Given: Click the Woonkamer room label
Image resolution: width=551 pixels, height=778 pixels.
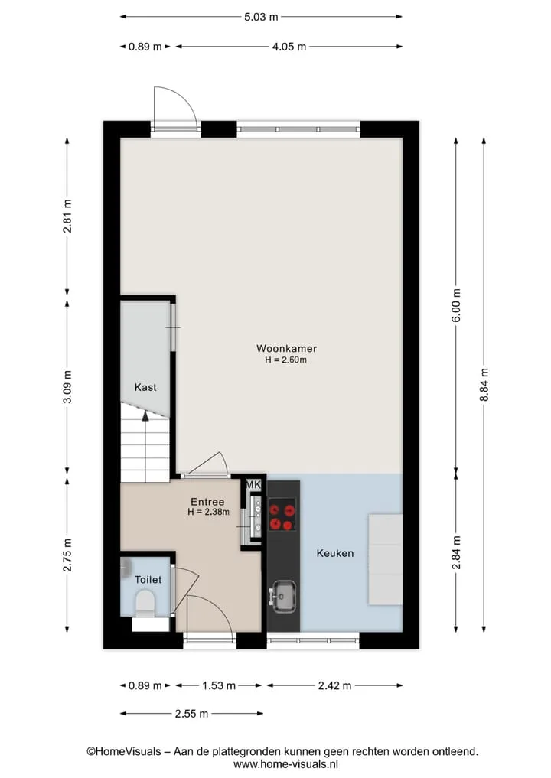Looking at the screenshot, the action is click(x=286, y=348).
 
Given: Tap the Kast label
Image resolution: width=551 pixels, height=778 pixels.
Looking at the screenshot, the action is click(x=145, y=387).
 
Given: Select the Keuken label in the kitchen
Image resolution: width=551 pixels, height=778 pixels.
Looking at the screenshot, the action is click(x=335, y=553).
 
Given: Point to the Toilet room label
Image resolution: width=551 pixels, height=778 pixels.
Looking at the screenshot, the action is click(x=148, y=579).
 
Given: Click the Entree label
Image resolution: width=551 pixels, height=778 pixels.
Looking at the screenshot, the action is click(x=207, y=502).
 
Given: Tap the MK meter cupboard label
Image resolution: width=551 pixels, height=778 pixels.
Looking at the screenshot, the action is click(x=253, y=485).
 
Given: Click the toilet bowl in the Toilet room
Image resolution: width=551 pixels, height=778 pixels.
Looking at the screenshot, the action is click(x=145, y=602).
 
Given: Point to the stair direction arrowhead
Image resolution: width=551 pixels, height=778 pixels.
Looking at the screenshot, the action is click(x=145, y=416).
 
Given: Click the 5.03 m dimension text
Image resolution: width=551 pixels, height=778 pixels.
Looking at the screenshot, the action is click(x=261, y=17).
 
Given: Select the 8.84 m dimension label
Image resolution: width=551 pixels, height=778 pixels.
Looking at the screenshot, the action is click(x=484, y=386).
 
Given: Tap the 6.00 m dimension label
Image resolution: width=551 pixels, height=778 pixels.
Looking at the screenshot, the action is click(x=457, y=305).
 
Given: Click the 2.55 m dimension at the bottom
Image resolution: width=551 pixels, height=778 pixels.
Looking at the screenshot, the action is click(x=191, y=714).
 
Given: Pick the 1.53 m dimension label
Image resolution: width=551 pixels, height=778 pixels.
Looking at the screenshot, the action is click(x=219, y=685).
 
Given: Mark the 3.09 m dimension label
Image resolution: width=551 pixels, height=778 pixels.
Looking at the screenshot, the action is click(x=67, y=386).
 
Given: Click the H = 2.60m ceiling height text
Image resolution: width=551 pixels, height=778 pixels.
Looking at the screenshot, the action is click(x=286, y=360).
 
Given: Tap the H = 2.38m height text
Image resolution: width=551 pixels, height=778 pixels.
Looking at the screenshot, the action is click(x=208, y=512).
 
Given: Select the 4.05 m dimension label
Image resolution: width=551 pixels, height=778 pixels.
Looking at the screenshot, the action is click(x=289, y=47).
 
